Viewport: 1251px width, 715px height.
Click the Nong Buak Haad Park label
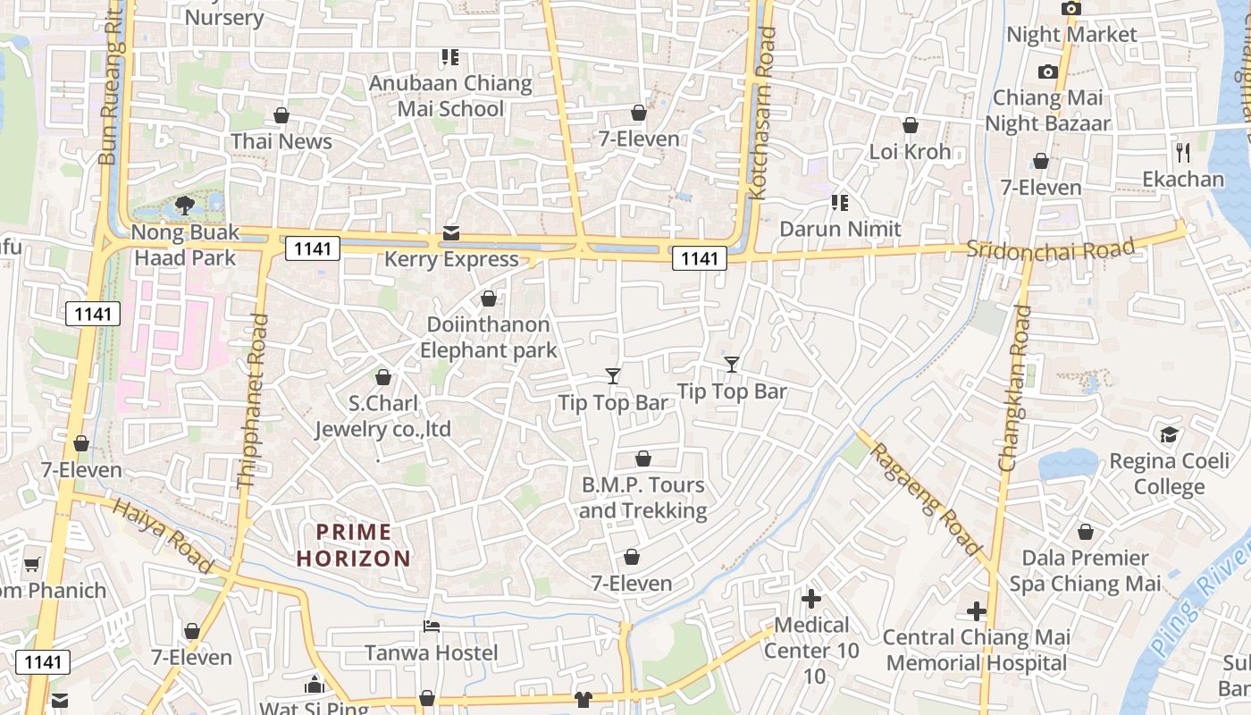tap(185, 245)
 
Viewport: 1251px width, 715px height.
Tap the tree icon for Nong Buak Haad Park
tap(185, 206)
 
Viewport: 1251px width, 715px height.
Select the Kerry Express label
tap(451, 259)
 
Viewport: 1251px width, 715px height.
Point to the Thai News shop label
tap(281, 141)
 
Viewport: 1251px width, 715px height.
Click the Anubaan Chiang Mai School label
tap(451, 97)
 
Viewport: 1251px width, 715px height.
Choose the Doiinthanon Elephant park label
tap(489, 337)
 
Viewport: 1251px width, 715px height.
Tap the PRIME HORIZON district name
tap(354, 545)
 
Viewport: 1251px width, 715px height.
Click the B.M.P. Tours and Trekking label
tap(643, 498)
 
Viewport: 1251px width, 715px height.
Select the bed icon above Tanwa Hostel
tap(432, 626)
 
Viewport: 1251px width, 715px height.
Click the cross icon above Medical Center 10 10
tap(811, 599)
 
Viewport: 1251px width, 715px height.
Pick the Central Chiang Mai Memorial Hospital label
tap(977, 650)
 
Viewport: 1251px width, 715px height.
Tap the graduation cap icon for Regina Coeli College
tap(1169, 435)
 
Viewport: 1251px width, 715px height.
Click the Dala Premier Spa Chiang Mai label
tap(1086, 571)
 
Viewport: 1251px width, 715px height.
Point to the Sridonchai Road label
tap(1051, 248)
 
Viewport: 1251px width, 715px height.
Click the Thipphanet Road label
tap(253, 401)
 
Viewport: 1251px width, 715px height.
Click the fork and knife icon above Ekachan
tap(1183, 152)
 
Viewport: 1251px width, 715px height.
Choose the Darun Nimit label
tap(840, 229)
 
